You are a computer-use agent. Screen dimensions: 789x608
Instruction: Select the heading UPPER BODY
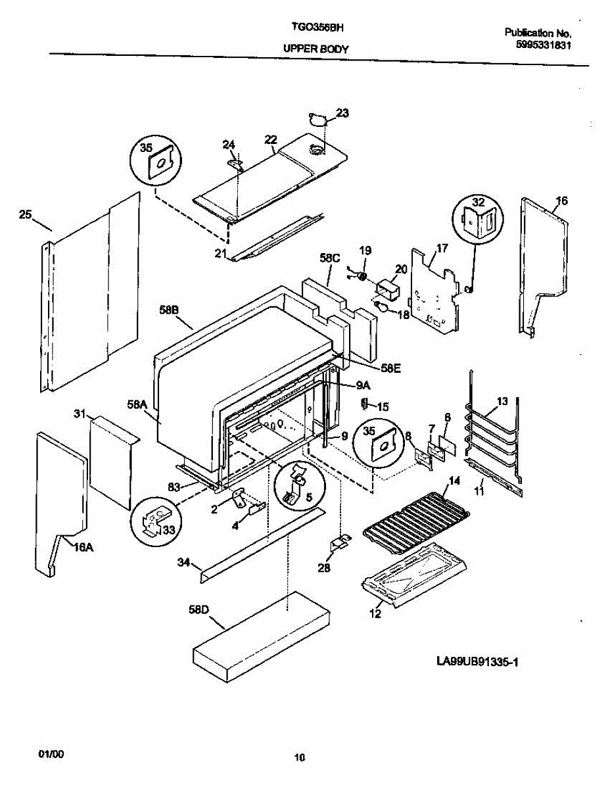[316, 49]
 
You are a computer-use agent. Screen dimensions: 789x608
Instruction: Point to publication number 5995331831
[543, 46]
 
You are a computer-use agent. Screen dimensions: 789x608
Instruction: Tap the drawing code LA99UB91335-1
[477, 662]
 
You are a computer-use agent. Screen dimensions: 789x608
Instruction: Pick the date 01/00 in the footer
[55, 752]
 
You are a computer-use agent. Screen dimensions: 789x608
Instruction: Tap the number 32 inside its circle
[478, 203]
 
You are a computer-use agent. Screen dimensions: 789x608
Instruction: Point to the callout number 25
[25, 214]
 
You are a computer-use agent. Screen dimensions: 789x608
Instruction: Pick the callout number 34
[184, 562]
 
